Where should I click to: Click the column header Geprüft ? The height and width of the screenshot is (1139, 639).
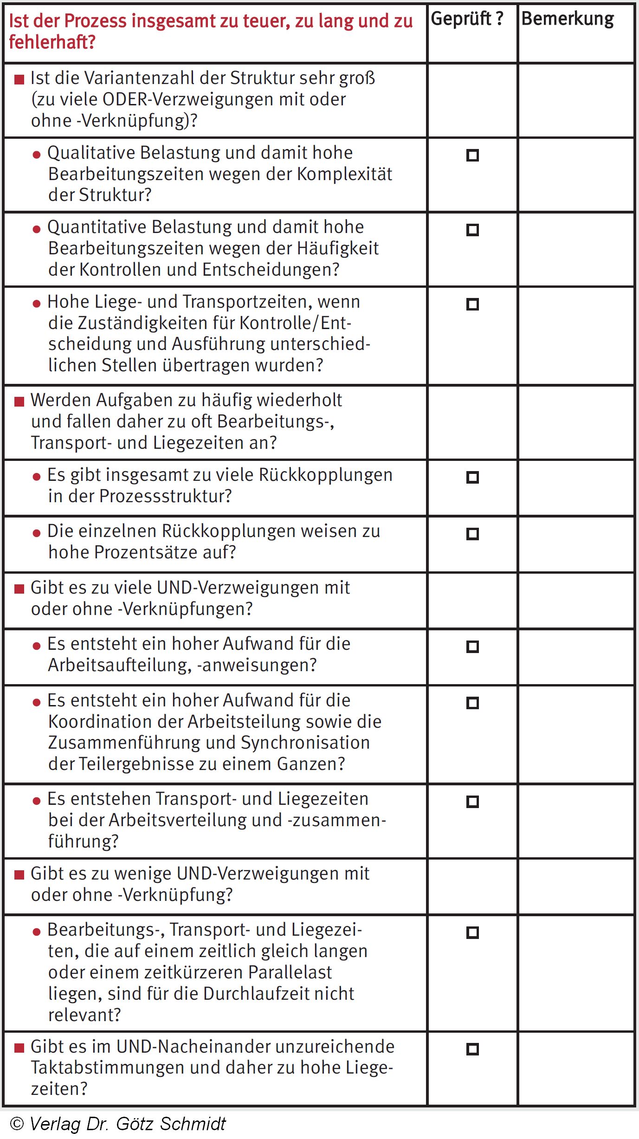(467, 19)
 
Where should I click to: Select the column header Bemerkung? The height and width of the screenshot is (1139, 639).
(568, 19)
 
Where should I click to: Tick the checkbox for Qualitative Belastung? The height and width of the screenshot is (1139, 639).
(472, 155)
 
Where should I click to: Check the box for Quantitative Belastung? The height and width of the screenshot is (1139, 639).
(472, 230)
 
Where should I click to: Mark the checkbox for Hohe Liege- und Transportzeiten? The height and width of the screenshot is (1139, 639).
(472, 304)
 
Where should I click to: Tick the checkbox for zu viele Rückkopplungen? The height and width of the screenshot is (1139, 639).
(472, 477)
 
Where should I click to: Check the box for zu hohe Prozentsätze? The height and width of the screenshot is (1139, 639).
(472, 534)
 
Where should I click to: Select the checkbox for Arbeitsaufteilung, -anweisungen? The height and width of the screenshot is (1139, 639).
(472, 647)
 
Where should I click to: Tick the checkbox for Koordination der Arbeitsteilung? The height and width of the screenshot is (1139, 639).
(472, 703)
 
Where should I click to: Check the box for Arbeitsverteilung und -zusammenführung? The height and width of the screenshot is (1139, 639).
(472, 802)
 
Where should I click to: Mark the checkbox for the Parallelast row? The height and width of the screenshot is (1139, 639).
(472, 932)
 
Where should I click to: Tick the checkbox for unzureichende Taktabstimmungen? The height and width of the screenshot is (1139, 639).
(472, 1049)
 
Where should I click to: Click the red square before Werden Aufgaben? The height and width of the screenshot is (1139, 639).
(19, 401)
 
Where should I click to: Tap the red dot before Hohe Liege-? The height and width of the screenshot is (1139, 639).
(37, 304)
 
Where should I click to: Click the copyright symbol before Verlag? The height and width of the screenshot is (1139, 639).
(17, 1123)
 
